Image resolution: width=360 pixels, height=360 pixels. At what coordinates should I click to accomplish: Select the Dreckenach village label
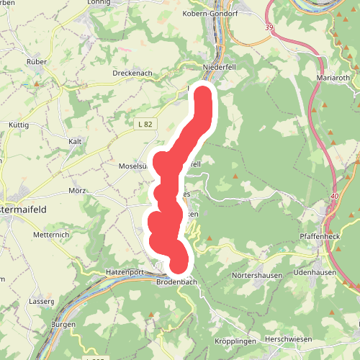(132, 73)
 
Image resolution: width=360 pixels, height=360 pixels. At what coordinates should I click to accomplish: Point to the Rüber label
(36, 62)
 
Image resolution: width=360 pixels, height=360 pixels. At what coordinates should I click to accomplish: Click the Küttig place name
(18, 125)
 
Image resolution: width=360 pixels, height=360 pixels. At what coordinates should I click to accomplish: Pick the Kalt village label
(75, 141)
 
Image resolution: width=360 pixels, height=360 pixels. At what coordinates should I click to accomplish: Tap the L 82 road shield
(145, 125)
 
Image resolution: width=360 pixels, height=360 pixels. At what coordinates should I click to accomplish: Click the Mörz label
(78, 191)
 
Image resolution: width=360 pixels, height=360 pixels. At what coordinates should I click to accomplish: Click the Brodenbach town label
(176, 283)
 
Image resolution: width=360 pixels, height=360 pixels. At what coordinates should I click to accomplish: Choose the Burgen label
(64, 325)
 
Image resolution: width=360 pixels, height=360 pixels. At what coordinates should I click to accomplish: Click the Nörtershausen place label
(255, 276)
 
